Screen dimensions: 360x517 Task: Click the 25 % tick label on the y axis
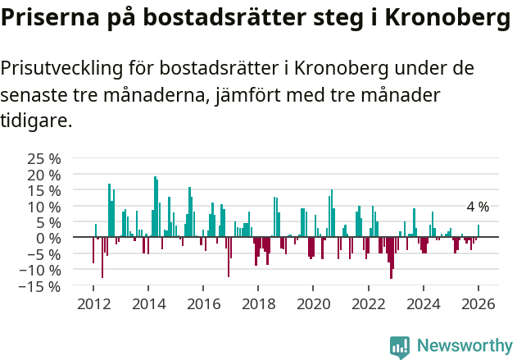[43, 158]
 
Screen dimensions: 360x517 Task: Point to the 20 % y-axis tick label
[43, 175]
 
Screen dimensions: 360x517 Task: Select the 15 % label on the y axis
[43, 190]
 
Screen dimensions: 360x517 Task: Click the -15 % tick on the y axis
[39, 286]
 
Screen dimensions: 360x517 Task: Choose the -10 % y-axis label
[39, 270]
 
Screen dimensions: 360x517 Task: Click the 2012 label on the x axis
[93, 303]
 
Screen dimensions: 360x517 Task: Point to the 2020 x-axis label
[313, 303]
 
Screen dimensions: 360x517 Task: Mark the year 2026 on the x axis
[478, 303]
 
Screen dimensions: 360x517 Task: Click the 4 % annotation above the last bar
[478, 207]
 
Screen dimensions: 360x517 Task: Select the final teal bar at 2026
[478, 231]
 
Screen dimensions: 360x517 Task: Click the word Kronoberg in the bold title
[442, 19]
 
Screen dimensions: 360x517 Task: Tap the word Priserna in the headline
[48, 19]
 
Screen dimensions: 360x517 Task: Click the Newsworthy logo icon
[400, 347]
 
